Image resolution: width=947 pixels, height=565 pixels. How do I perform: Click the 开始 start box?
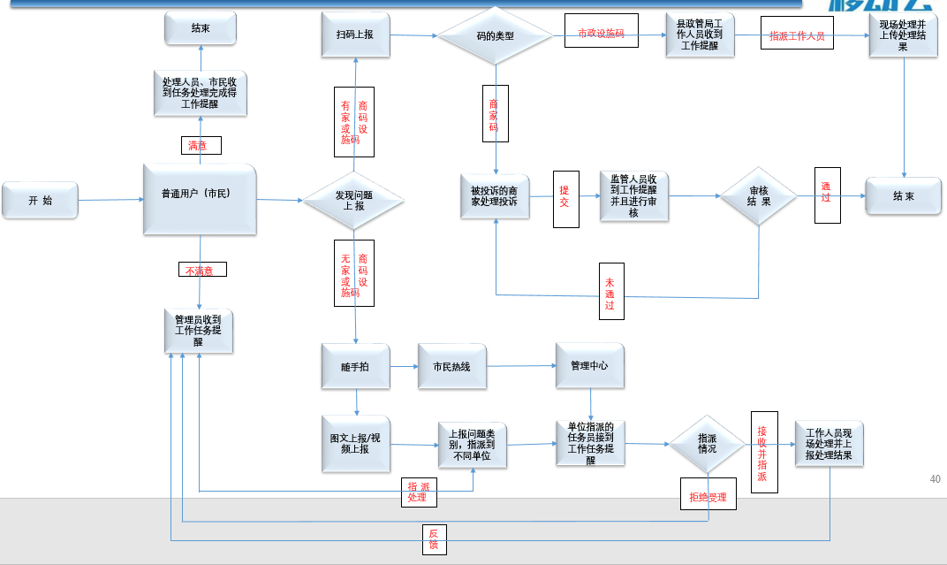pyautogui.click(x=40, y=201)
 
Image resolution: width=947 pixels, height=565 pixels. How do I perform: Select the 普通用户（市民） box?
pyautogui.click(x=200, y=198)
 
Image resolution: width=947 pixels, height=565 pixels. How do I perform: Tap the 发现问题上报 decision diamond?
pyautogui.click(x=353, y=201)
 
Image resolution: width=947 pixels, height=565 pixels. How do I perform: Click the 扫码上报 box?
pyautogui.click(x=355, y=35)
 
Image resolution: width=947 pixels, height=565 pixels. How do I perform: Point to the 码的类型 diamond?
pyautogui.click(x=495, y=36)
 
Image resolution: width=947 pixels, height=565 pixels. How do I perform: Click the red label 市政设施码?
pyautogui.click(x=601, y=34)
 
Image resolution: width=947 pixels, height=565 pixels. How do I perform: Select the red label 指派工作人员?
pyautogui.click(x=797, y=36)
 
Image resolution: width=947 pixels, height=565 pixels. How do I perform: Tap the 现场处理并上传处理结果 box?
pyautogui.click(x=903, y=35)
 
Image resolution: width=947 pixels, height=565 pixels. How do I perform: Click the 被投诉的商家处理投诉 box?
pyautogui.click(x=495, y=196)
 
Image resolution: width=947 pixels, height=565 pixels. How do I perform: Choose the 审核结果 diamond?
pyautogui.click(x=759, y=196)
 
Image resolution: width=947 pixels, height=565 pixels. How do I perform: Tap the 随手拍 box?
pyautogui.click(x=355, y=366)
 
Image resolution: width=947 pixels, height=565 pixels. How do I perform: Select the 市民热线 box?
pyautogui.click(x=451, y=366)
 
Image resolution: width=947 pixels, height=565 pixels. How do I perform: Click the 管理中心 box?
pyautogui.click(x=589, y=365)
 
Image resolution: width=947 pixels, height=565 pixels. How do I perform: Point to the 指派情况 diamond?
pyautogui.click(x=708, y=444)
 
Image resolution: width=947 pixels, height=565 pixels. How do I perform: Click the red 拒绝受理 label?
pyautogui.click(x=708, y=498)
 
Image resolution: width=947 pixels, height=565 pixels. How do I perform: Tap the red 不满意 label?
pyautogui.click(x=202, y=270)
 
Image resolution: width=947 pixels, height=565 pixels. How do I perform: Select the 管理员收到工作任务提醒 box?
pyautogui.click(x=199, y=331)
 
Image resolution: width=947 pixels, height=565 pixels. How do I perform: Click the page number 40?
pyautogui.click(x=935, y=479)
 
